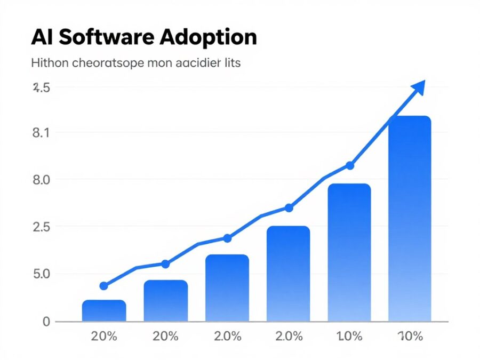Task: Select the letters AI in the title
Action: pos(42,37)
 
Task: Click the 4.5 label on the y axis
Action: pos(42,88)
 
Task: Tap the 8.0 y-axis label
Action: pos(42,180)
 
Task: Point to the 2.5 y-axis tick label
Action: pos(42,227)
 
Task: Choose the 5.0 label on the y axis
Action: pos(42,274)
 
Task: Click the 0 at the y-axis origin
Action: pos(46,321)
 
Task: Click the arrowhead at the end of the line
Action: pos(419,86)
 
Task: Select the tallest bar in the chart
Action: pos(410,219)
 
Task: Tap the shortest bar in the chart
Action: pos(104,311)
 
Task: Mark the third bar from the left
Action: pos(227,288)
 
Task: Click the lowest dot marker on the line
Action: pos(104,286)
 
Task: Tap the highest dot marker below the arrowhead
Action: pos(350,166)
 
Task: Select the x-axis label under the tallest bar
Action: pos(410,337)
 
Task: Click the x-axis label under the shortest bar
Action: pos(104,337)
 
